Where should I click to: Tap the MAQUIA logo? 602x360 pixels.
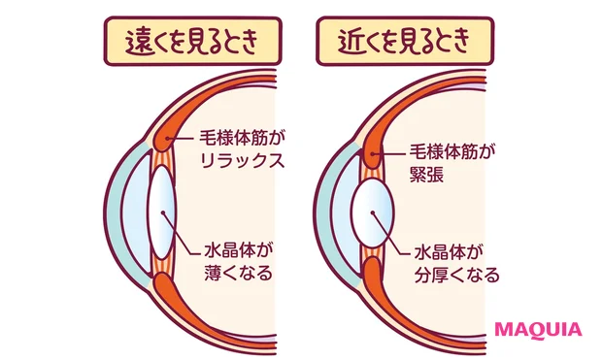539,328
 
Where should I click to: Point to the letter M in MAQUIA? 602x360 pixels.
506,328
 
